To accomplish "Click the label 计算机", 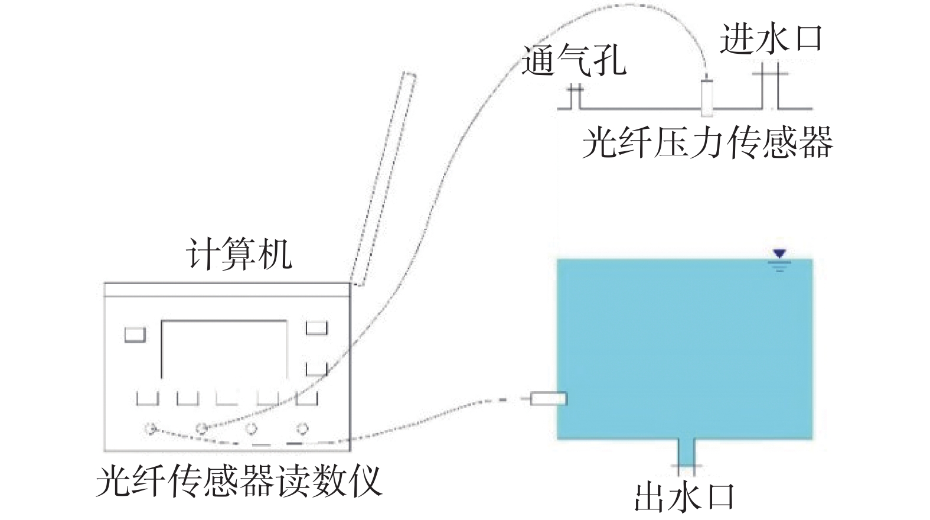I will [239, 255].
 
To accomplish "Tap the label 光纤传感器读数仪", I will [239, 482].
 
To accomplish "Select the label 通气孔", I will [573, 60].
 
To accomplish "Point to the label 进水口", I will [771, 39].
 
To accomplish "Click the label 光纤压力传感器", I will [707, 142].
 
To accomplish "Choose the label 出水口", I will [685, 498].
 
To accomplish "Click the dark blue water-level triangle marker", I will [780, 254].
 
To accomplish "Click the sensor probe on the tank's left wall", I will [548, 399].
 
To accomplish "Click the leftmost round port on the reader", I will [151, 428].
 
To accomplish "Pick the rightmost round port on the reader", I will [302, 428].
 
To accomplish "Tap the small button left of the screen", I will [135, 334].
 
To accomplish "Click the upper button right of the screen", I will [316, 328].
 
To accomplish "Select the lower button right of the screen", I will [316, 369].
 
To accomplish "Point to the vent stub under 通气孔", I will [575, 97].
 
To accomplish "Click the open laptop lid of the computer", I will [383, 177].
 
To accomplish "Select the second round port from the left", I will [201, 428].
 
